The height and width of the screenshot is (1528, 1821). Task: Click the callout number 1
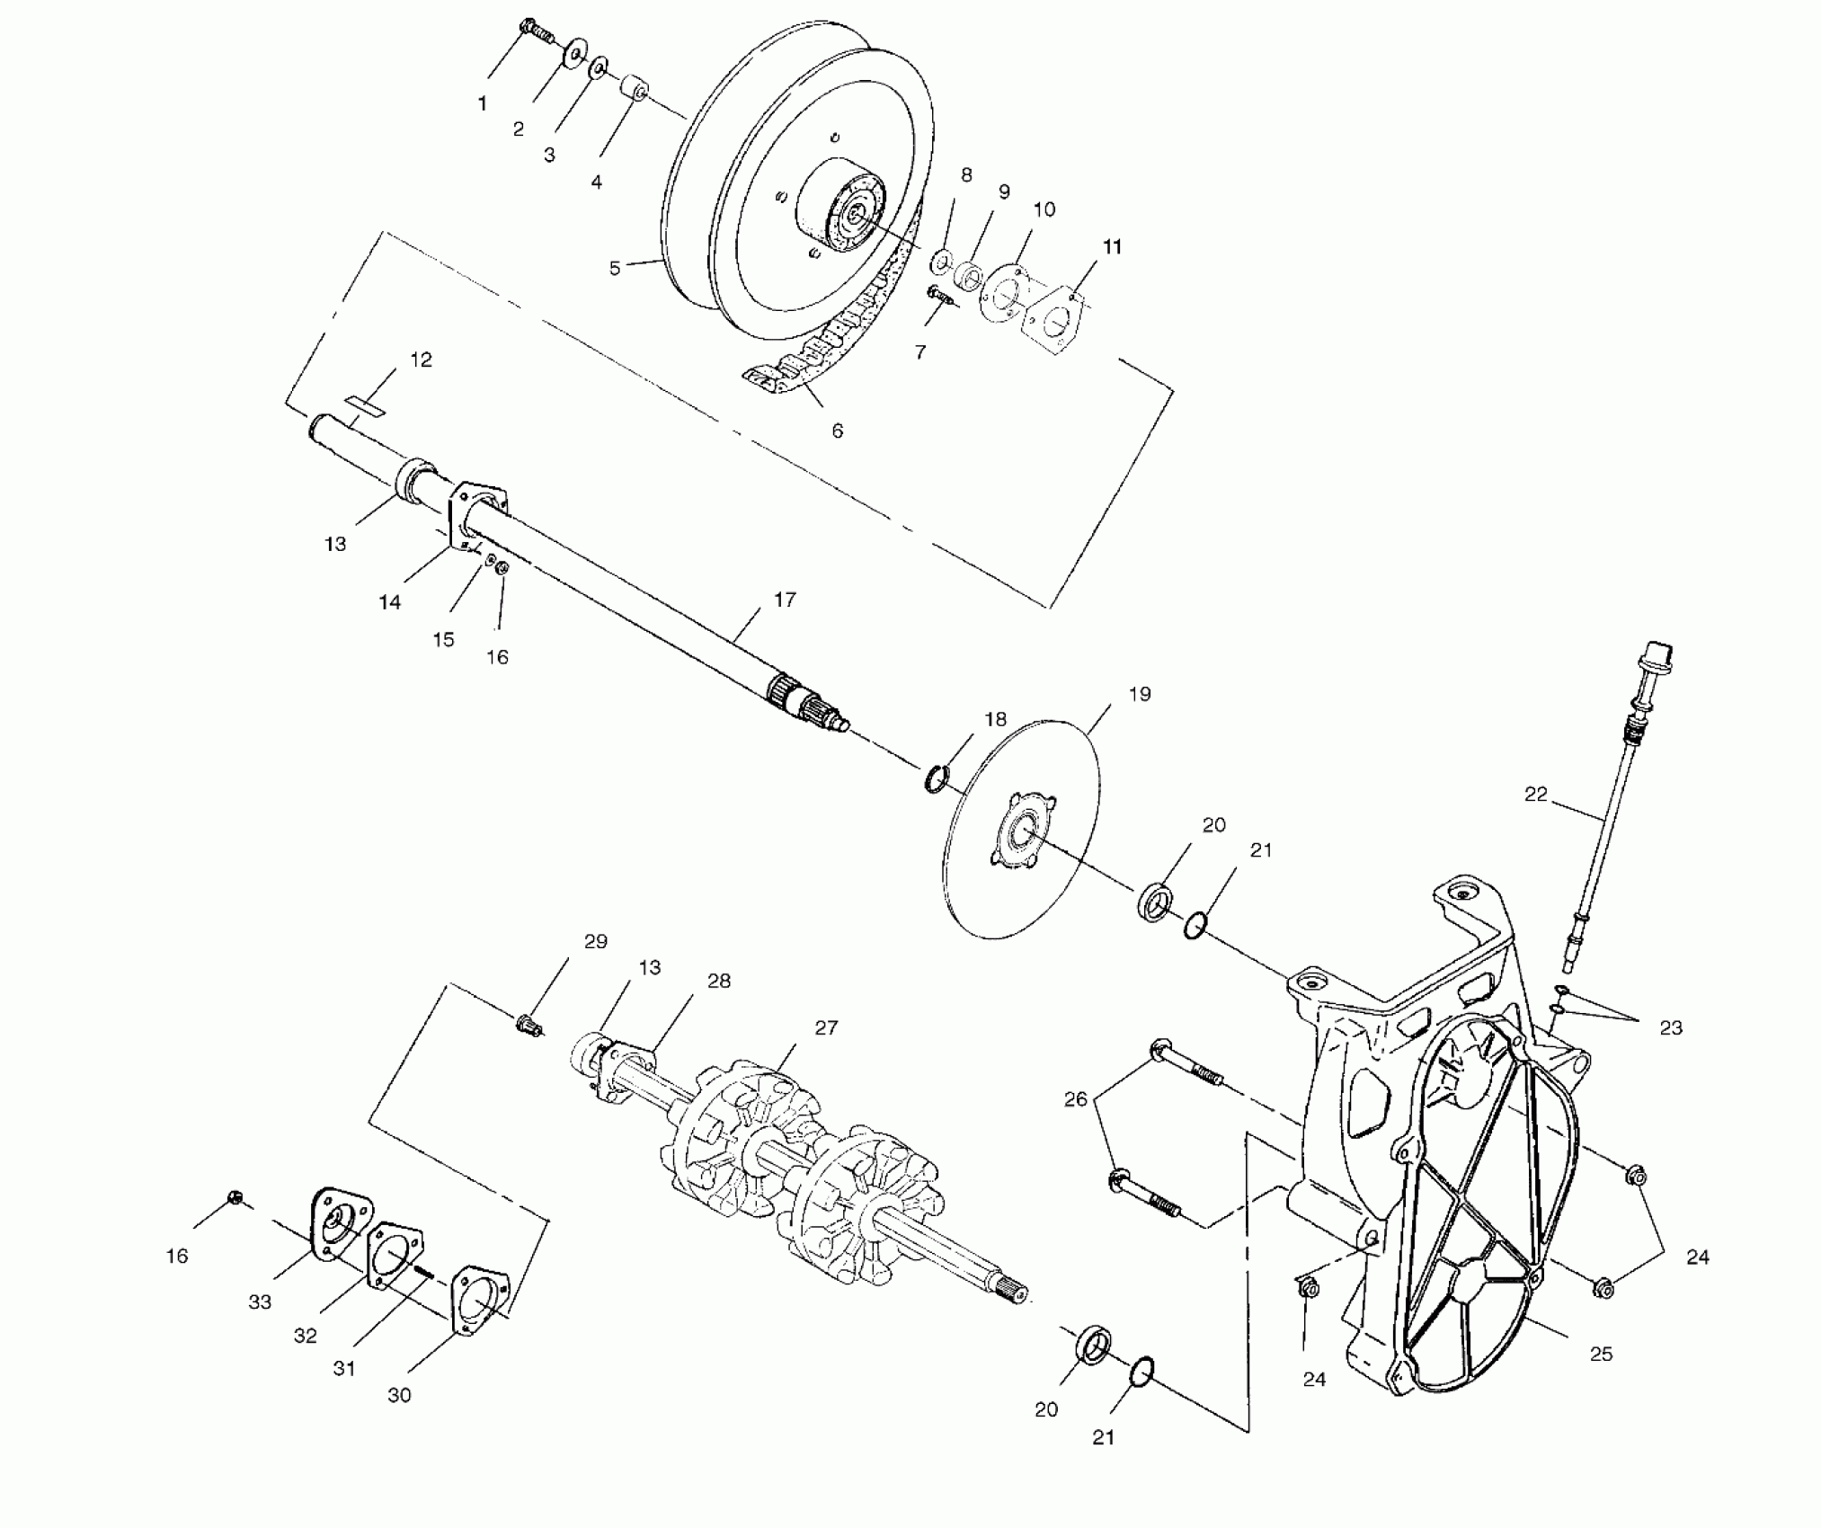click(483, 104)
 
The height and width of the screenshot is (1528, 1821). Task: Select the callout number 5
click(615, 268)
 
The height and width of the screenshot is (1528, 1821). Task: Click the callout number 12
click(421, 360)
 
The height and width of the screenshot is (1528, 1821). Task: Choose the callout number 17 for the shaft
click(785, 600)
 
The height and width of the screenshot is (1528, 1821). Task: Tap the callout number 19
click(1139, 694)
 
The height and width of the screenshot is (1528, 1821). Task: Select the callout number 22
click(1536, 795)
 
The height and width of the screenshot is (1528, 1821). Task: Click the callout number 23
click(1670, 1027)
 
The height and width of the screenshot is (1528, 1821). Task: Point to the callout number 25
click(1601, 1354)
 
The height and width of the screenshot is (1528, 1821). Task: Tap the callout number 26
click(1076, 1099)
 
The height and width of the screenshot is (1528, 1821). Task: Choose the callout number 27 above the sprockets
click(826, 1027)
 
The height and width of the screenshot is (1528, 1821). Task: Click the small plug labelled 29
click(528, 1024)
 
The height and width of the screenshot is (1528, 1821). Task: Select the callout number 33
click(260, 1301)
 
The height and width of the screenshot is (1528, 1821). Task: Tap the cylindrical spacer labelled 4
click(635, 92)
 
